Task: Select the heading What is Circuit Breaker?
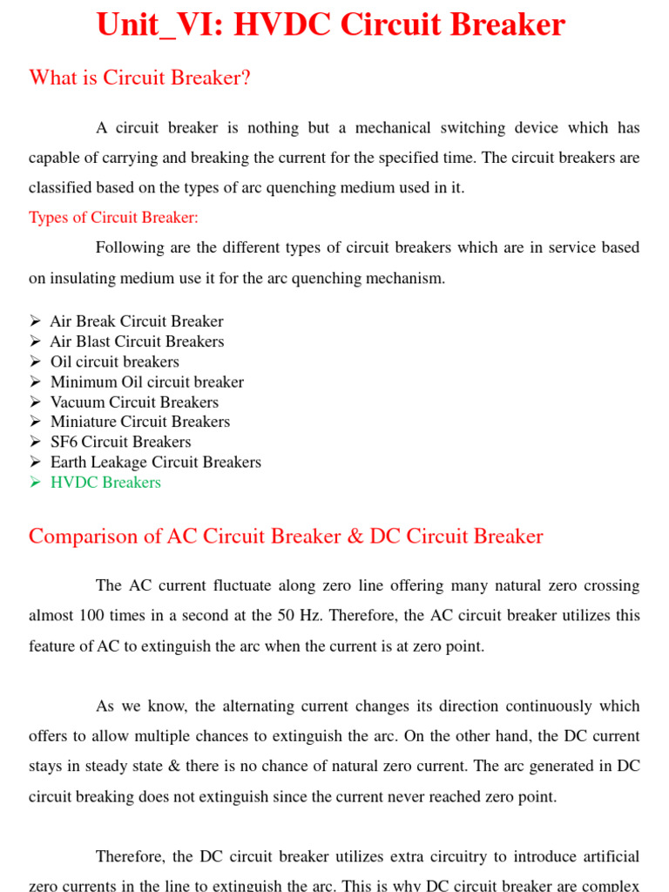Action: (139, 78)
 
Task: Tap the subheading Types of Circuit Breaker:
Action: (113, 217)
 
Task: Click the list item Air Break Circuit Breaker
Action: (136, 321)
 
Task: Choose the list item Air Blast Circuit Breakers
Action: (137, 341)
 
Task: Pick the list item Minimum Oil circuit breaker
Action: (146, 382)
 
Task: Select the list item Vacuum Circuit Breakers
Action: (134, 402)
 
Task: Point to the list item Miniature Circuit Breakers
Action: (139, 422)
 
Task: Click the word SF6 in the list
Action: (64, 442)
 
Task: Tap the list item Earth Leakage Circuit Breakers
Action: (155, 462)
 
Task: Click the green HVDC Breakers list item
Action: (105, 482)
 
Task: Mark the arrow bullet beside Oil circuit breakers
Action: (35, 362)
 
